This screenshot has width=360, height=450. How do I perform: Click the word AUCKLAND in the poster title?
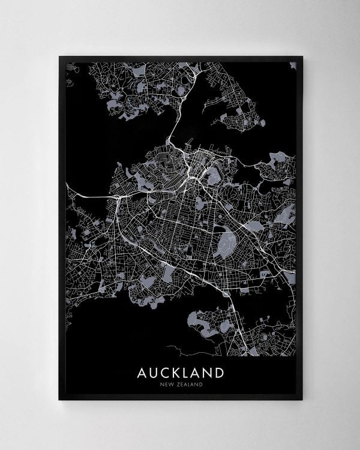tap(180, 373)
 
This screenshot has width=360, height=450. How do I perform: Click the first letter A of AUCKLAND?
tap(142, 373)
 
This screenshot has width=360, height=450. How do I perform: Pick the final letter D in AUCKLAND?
tap(219, 373)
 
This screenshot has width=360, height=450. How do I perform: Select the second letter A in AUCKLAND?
tap(194, 373)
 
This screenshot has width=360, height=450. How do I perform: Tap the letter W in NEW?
tap(168, 385)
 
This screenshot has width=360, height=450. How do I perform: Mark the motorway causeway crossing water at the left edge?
tap(90, 197)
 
